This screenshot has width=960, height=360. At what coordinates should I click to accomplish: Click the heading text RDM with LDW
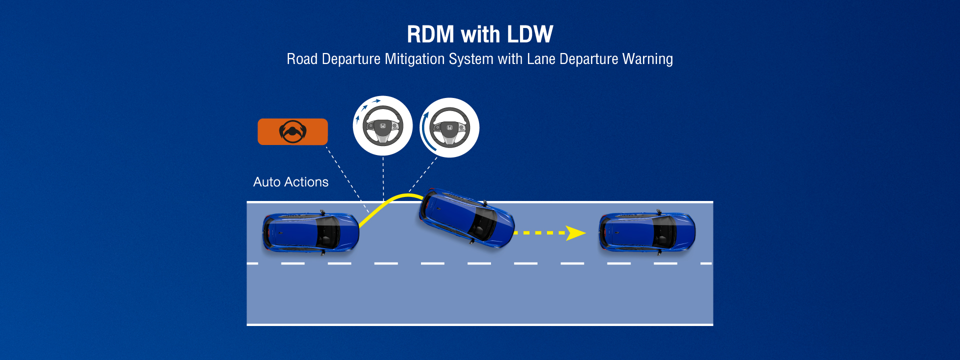click(480, 34)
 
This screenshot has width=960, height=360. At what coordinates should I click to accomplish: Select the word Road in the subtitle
click(302, 59)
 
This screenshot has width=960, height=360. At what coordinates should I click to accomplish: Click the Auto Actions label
click(291, 182)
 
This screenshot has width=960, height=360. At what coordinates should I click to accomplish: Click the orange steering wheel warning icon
click(292, 132)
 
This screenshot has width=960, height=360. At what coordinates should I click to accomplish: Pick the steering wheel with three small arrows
click(383, 126)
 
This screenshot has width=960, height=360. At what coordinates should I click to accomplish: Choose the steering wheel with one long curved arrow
click(449, 127)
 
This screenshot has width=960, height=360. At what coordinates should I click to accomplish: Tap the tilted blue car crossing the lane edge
click(466, 218)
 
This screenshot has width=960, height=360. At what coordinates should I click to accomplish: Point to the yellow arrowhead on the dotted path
click(575, 233)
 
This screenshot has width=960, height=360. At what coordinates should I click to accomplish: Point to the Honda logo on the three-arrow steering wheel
click(383, 126)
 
